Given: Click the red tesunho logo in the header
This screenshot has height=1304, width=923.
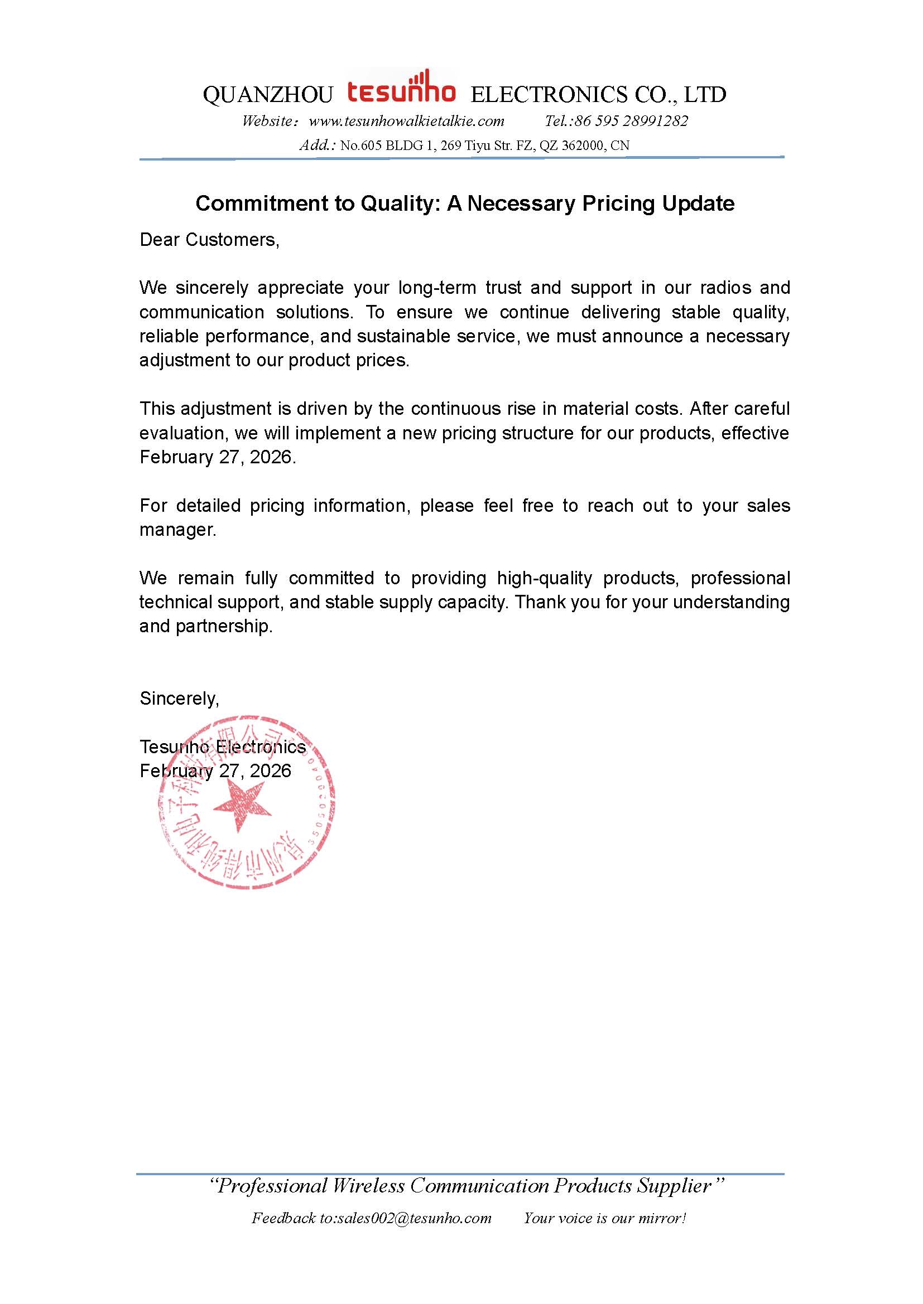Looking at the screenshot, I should [x=401, y=90].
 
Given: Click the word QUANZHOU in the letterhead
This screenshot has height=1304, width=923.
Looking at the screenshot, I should [x=268, y=95].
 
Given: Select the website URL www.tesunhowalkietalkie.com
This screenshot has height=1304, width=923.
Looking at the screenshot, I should [x=406, y=121].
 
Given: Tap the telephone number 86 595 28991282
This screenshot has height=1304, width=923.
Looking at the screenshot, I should [x=631, y=121].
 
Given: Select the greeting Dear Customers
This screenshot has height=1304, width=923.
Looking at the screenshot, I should [x=209, y=240].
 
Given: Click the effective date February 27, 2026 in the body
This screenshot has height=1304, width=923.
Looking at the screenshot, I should [x=217, y=457].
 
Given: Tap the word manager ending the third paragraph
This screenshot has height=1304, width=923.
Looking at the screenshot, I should [x=177, y=530].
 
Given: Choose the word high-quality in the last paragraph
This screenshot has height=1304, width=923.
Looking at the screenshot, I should [x=544, y=578].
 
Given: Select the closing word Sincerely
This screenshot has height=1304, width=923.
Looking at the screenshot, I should [x=179, y=699].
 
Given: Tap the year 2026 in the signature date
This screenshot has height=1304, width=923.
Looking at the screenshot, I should [x=270, y=771].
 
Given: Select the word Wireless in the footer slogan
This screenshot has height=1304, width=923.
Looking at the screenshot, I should [x=368, y=1186].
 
